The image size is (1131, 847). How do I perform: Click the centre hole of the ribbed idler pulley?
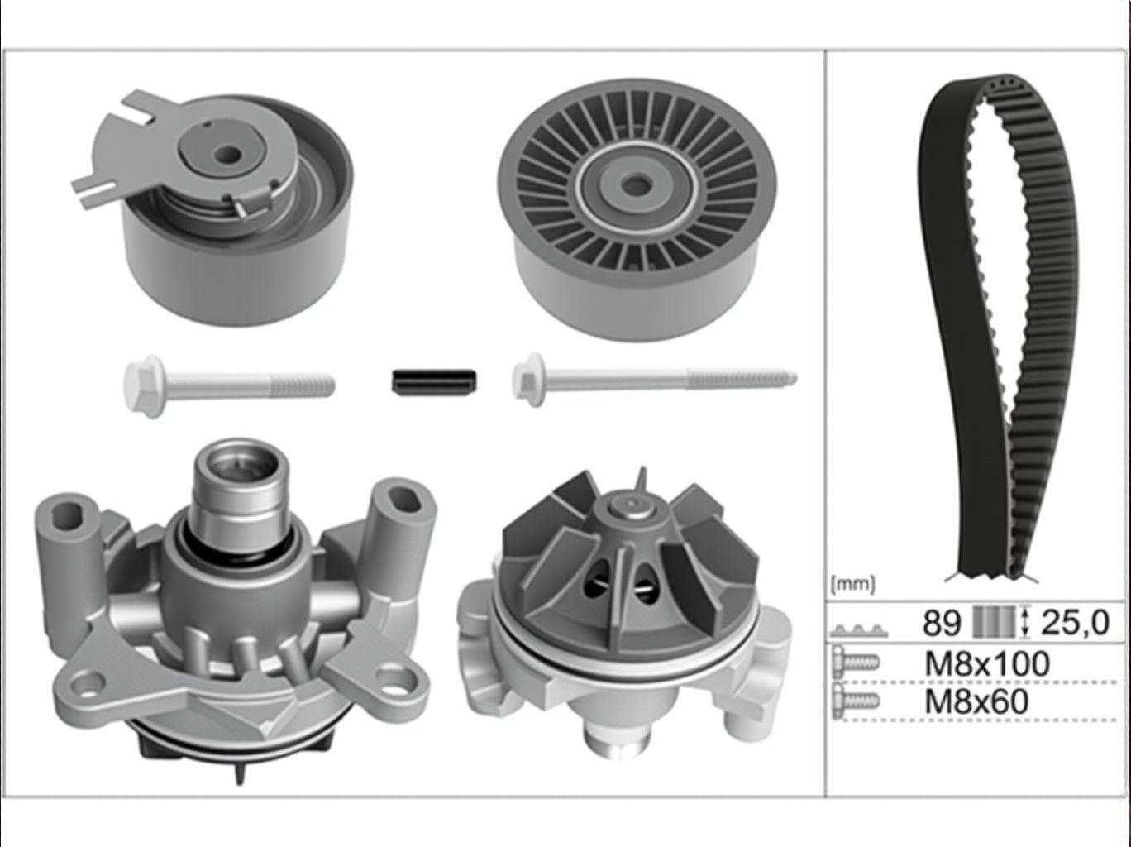pyautogui.click(x=635, y=184)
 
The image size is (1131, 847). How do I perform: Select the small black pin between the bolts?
pyautogui.click(x=434, y=382)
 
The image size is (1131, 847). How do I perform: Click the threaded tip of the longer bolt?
pyautogui.click(x=791, y=379)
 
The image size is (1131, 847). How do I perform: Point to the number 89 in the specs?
pyautogui.click(x=942, y=624)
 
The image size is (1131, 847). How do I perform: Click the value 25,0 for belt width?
pyautogui.click(x=1075, y=623)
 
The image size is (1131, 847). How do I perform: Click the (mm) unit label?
pyautogui.click(x=852, y=585)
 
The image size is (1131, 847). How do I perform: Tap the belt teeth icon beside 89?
pyautogui.click(x=858, y=630)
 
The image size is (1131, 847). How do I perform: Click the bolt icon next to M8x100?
pyautogui.click(x=856, y=663)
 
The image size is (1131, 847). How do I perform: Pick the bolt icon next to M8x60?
pyautogui.click(x=856, y=701)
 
